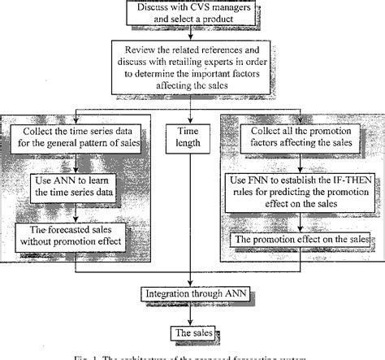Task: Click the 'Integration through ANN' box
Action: click(193, 292)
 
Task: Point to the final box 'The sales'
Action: click(193, 333)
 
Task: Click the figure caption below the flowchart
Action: click(193, 355)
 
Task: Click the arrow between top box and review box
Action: click(192, 36)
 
